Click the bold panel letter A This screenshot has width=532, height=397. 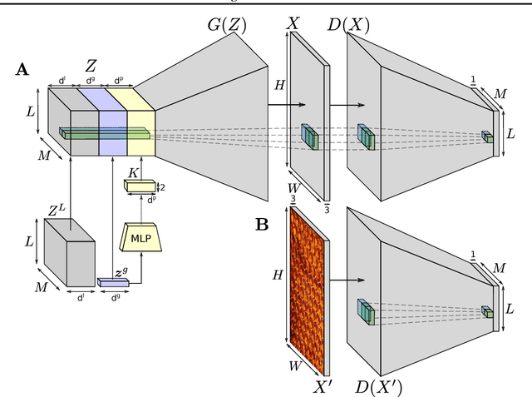[x=22, y=70]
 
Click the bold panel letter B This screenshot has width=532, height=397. [x=261, y=223]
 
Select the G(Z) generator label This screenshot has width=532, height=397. [x=226, y=24]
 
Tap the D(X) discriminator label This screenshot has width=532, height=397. [x=349, y=24]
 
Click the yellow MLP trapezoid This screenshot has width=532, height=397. [x=140, y=238]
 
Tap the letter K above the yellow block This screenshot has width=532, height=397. [x=134, y=172]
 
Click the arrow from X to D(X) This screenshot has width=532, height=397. [x=347, y=106]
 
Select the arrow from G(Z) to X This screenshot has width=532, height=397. [x=287, y=106]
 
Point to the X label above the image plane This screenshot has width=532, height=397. [x=293, y=24]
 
